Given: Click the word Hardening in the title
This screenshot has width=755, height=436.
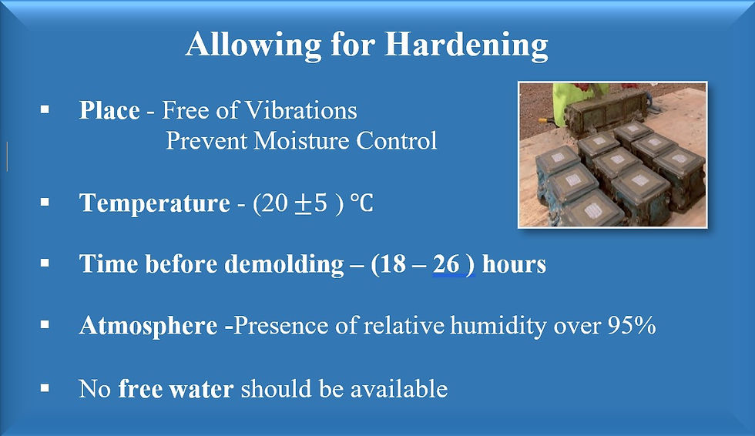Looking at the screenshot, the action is (x=466, y=45).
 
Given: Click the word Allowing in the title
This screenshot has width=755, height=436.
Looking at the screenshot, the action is (x=253, y=45).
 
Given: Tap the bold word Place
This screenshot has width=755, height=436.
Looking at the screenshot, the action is (x=109, y=110).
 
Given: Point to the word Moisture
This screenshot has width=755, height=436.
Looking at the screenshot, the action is (x=301, y=140).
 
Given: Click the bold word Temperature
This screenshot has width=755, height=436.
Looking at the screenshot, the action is (x=155, y=203).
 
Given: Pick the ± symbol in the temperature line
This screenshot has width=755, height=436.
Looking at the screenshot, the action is (x=303, y=203).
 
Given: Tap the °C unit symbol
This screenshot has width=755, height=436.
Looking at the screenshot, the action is (x=361, y=203).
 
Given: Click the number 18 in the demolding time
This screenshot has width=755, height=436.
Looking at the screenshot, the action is (x=392, y=263).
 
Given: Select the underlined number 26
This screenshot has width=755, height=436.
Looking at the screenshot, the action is (x=446, y=263).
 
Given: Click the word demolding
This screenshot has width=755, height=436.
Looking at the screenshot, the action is (x=284, y=264).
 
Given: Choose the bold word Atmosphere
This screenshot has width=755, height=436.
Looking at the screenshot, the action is (x=148, y=326).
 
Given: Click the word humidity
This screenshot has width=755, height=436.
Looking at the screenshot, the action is (x=498, y=326).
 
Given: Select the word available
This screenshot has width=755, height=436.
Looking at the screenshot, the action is (x=399, y=388).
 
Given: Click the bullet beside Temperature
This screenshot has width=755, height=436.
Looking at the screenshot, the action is (x=45, y=202).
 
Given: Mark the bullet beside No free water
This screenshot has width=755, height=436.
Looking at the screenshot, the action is (x=45, y=387).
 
